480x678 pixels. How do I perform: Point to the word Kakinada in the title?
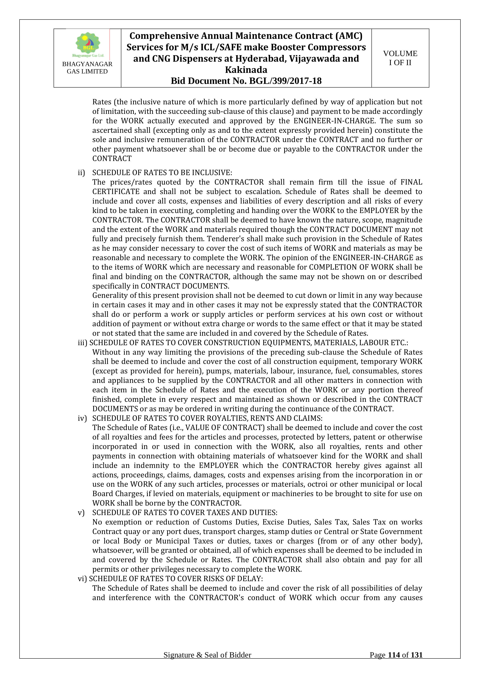[x=246, y=70]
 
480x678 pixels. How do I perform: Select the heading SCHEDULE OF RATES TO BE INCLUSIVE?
[x=162, y=173]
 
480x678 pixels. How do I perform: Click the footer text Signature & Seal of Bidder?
[x=207, y=663]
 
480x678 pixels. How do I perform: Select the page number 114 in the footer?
[x=394, y=663]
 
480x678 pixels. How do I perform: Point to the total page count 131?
[x=417, y=663]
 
